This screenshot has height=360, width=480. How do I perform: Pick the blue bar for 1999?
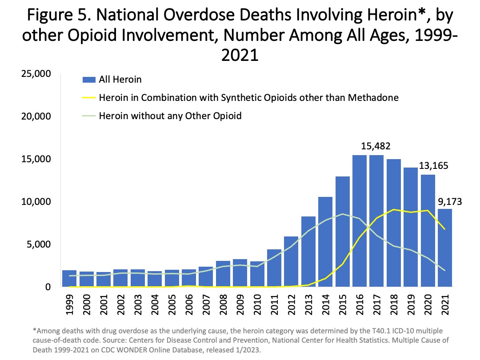coord(70,278)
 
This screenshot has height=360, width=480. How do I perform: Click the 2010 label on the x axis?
coord(258,306)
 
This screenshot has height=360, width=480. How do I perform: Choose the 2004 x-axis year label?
coord(156,306)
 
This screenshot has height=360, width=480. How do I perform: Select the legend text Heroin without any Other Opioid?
coord(170,116)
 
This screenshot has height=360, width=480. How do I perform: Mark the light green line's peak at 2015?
coord(343,214)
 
